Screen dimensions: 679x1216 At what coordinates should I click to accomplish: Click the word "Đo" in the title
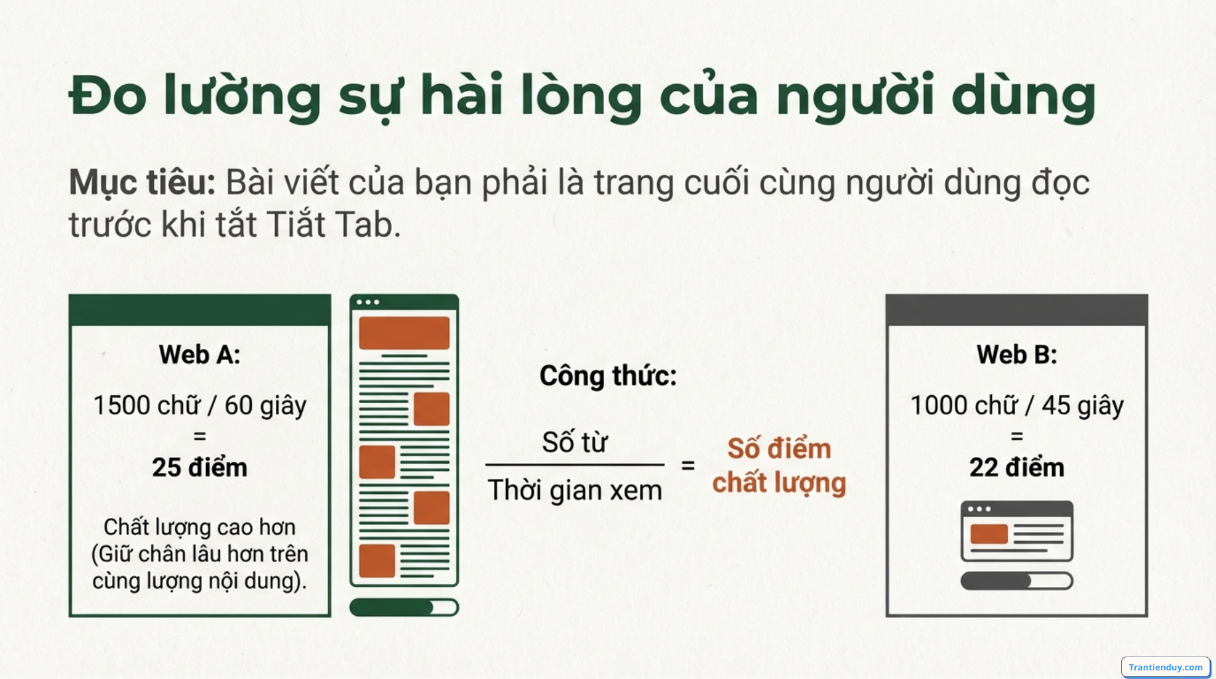107,97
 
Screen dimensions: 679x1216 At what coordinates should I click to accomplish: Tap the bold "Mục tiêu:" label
142,182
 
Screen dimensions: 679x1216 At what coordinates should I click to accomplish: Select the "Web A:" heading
200,355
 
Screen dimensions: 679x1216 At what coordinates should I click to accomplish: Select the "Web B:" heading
1016,355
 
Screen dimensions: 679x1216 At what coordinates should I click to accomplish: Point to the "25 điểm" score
200,467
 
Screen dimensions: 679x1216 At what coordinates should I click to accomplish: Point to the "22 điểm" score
1016,467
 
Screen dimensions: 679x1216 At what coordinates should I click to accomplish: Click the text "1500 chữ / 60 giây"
200,405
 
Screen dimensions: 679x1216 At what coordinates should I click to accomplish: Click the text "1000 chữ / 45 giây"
1016,405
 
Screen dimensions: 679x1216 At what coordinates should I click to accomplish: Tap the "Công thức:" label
608,376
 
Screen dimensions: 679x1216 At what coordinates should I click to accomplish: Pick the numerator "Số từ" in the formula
574,442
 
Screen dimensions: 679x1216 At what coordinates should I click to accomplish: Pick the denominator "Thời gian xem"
575,491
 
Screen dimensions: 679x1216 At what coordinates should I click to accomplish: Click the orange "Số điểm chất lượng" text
779,465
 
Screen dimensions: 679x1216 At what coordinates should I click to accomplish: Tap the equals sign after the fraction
688,465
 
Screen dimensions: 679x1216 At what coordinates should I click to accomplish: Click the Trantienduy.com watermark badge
1165,667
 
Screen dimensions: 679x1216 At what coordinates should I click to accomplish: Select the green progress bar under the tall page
404,607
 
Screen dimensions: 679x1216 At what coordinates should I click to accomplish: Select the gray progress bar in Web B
1016,581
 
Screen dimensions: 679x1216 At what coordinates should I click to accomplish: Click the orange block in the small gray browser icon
989,534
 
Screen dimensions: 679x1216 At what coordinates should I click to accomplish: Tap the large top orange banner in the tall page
404,333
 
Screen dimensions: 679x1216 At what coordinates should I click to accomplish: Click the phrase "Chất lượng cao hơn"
200,527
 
